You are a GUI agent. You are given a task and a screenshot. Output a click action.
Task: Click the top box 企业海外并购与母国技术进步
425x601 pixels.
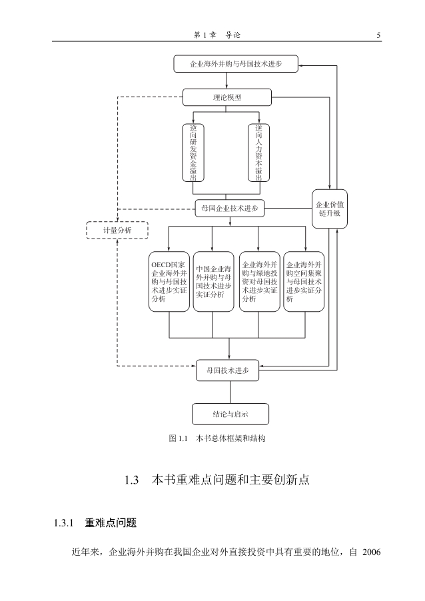(x=236, y=64)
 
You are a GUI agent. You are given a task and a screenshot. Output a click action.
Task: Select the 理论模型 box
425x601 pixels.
(x=227, y=97)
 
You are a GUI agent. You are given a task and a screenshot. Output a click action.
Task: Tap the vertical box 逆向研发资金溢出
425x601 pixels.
(x=193, y=152)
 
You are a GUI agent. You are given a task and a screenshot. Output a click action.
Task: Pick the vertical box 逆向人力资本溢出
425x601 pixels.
(x=259, y=152)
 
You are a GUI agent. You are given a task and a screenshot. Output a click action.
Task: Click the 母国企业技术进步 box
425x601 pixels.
(x=230, y=209)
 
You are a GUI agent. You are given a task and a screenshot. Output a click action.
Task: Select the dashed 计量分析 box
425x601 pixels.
(x=117, y=231)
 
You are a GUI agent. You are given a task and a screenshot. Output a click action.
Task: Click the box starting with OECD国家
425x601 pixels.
(x=169, y=281)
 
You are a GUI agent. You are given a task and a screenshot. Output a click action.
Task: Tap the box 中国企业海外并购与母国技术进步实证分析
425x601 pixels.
(x=214, y=281)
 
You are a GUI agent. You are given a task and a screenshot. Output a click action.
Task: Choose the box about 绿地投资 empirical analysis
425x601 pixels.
(x=259, y=281)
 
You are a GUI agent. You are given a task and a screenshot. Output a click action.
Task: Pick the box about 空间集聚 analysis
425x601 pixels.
(x=304, y=281)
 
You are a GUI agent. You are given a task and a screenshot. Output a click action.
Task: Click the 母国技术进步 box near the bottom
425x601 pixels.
(x=227, y=370)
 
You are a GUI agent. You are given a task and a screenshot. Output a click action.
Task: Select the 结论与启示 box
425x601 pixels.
(x=230, y=414)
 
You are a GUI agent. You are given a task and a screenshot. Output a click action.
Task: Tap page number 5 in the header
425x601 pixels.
(x=378, y=35)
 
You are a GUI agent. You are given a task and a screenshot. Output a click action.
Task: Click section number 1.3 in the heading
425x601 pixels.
(x=131, y=480)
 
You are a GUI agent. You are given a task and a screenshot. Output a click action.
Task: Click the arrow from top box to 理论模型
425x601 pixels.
(x=227, y=81)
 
